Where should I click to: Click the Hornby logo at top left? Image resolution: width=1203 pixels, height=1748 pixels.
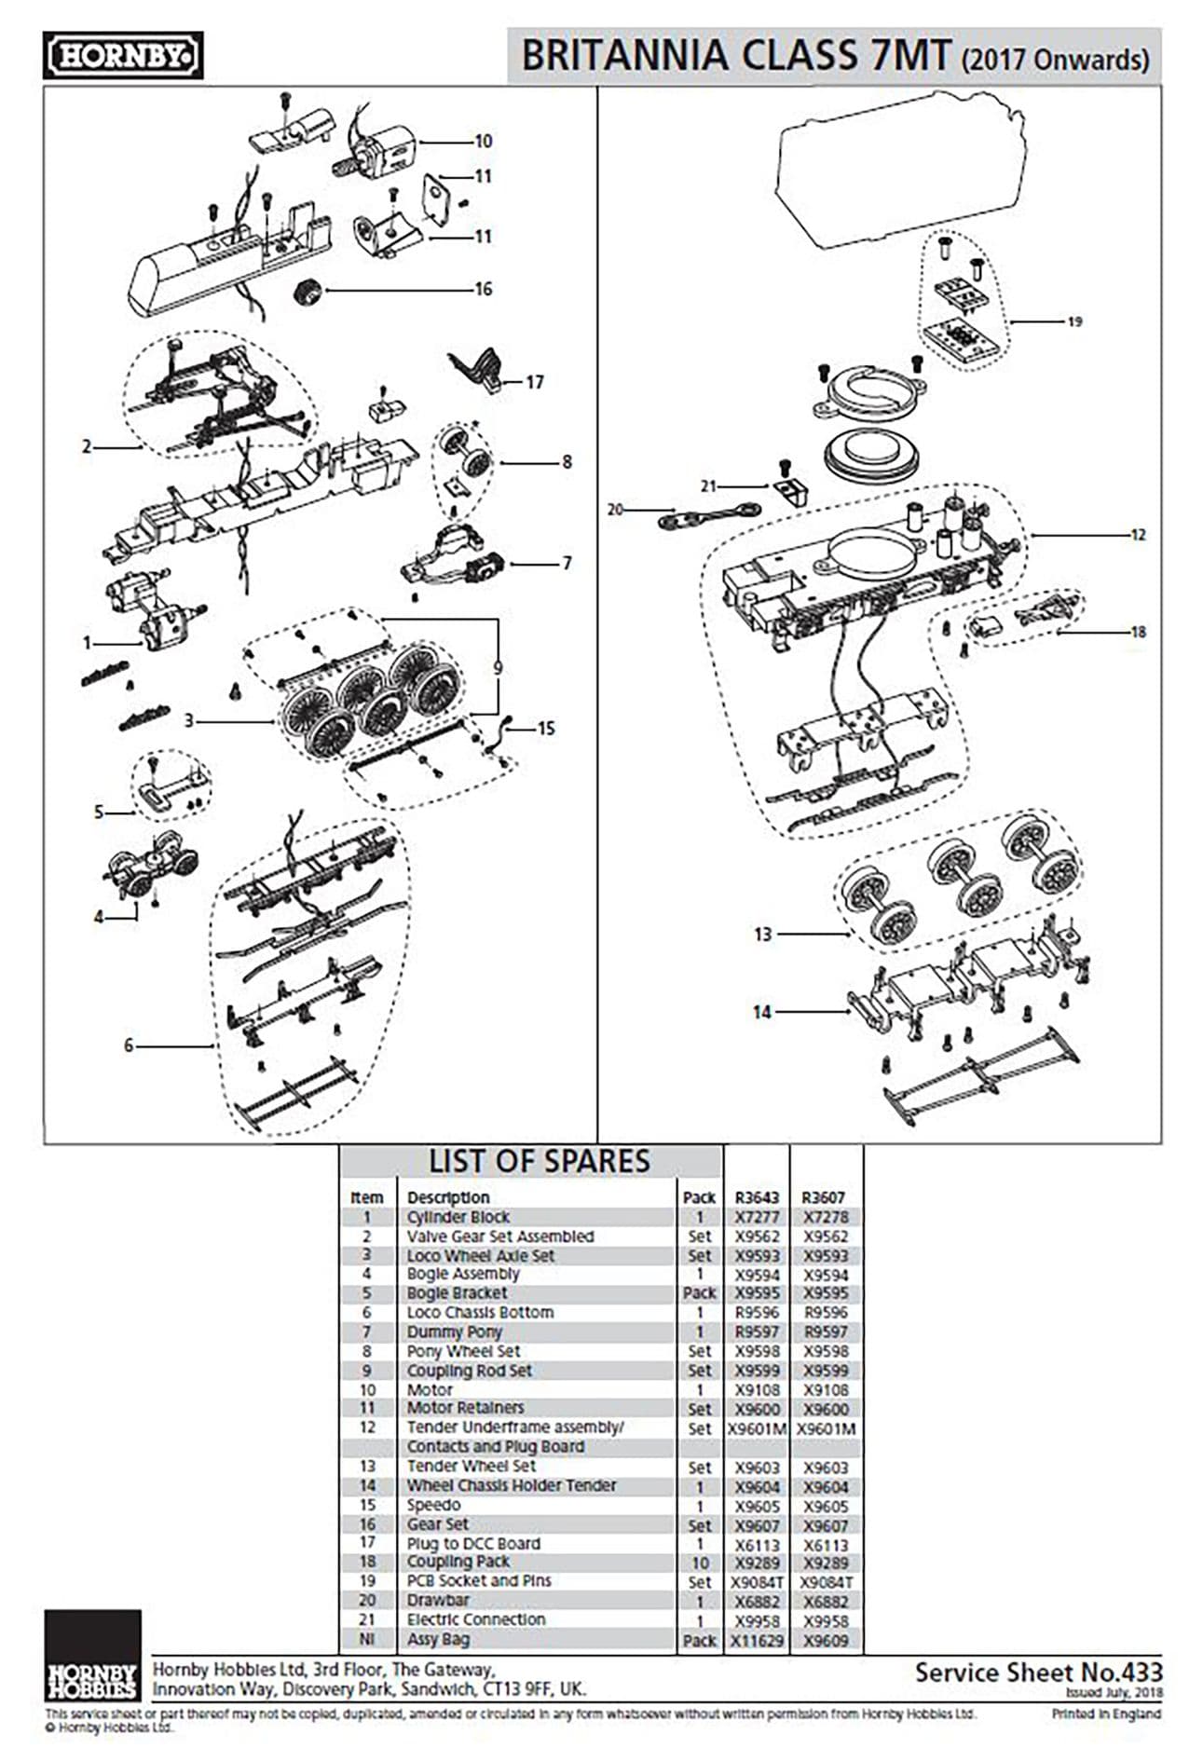click(123, 57)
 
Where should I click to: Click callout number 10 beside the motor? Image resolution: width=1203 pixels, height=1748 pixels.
click(483, 142)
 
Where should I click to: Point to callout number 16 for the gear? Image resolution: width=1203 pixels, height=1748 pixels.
click(483, 289)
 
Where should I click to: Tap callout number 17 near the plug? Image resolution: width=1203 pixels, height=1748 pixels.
click(534, 382)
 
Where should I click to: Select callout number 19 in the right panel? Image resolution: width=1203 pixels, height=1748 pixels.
click(1074, 321)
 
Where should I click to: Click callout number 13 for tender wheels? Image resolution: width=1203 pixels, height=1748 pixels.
click(762, 934)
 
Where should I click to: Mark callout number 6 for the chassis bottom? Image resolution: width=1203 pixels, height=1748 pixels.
click(130, 1045)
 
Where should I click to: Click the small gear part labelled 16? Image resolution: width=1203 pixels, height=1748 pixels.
click(308, 291)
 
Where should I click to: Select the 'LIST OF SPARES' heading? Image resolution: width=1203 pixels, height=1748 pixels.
click(539, 1161)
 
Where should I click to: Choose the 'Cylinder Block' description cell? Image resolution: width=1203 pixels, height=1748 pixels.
click(458, 1217)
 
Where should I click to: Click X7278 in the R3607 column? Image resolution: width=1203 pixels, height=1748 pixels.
click(826, 1217)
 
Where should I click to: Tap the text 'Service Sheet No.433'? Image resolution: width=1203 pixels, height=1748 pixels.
click(1038, 1672)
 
